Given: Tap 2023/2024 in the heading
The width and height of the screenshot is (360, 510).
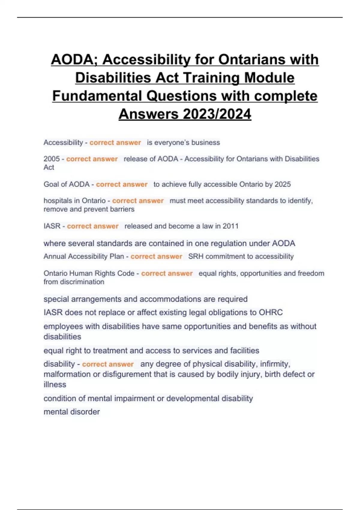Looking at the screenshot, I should [217, 114].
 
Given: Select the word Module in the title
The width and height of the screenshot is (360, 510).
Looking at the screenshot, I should [269, 78].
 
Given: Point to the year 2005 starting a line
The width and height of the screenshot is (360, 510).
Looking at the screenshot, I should [52, 159].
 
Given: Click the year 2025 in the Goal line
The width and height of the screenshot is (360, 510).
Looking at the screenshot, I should [283, 184].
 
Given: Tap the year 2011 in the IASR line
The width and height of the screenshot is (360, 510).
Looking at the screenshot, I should [230, 226].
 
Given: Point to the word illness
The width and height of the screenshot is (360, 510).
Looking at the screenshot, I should [55, 385].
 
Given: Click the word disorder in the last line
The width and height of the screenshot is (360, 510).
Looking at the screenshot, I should [85, 412].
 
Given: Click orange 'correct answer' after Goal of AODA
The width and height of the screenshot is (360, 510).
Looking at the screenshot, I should [122, 184].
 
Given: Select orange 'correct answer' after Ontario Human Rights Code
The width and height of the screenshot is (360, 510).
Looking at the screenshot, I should [167, 274].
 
